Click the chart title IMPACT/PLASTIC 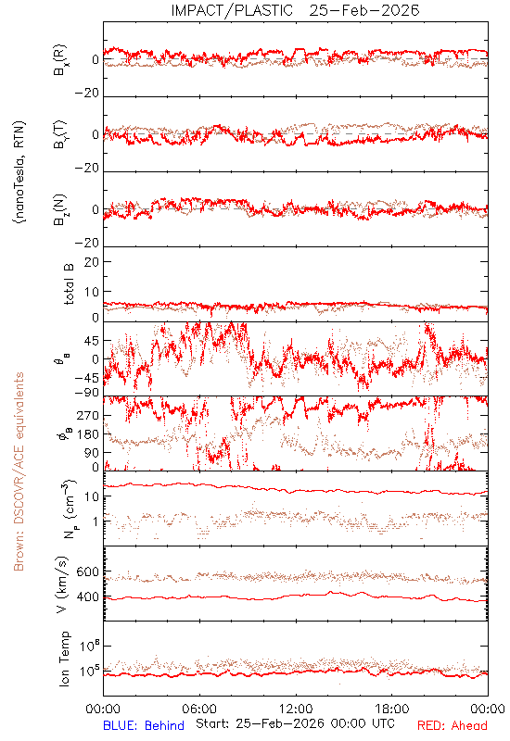[232, 10]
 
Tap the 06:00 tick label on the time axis [199, 709]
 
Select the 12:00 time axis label [296, 709]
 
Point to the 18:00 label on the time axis [392, 709]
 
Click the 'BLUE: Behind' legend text [144, 725]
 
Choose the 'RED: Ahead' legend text [452, 725]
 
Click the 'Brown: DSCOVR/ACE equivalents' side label [19, 471]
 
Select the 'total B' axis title [69, 284]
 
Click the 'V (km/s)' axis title [62, 584]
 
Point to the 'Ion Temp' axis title [64, 659]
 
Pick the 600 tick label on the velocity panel [87, 571]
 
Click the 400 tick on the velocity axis [87, 597]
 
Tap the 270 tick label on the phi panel [87, 416]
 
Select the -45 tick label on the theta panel [85, 379]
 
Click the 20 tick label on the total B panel [91, 262]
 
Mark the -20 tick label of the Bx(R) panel [86, 94]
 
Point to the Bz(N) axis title [60, 209]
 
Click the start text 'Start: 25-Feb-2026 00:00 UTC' [295, 723]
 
